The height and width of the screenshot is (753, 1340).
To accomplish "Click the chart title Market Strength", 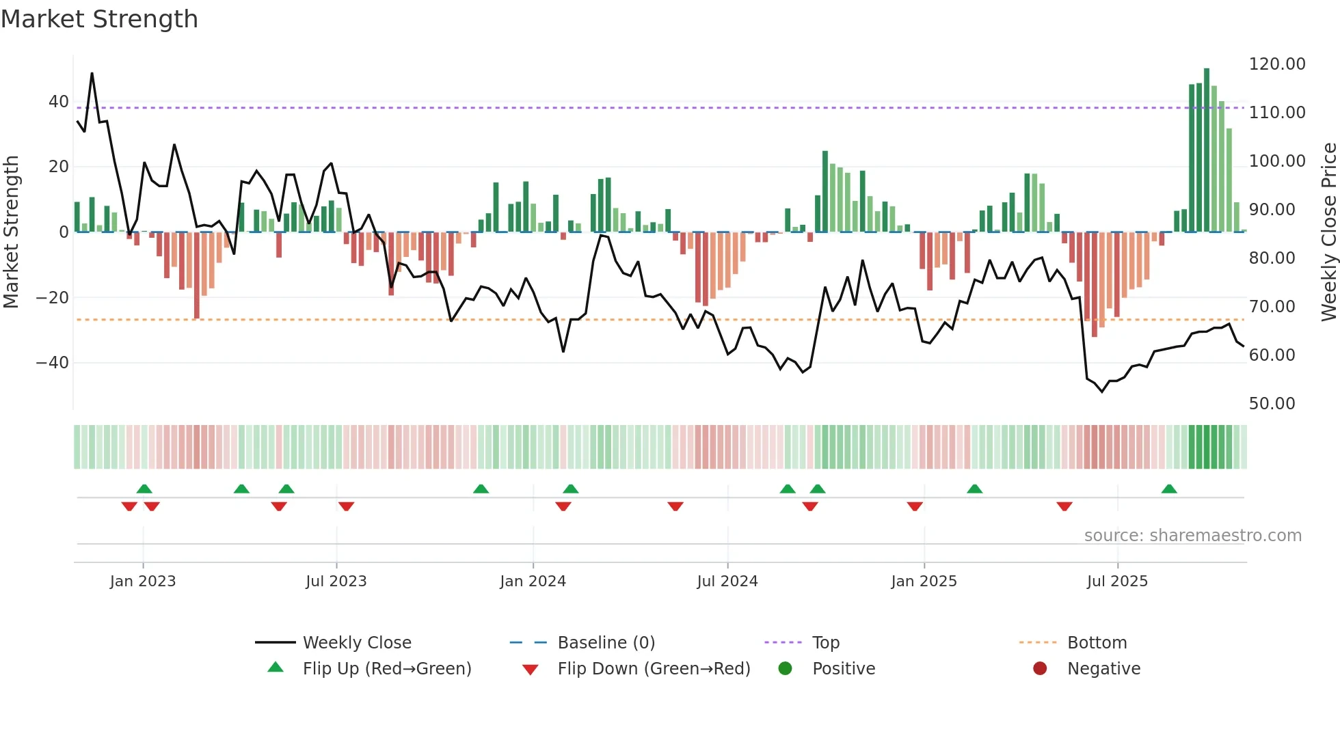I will pos(99,19).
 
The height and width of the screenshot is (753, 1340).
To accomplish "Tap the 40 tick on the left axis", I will pos(59,102).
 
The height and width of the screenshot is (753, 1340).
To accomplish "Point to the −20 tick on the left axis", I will pos(53,298).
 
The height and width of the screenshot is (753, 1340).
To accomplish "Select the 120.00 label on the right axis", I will pos(1276,64).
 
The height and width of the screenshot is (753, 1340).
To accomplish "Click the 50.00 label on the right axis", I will pos(1272,404).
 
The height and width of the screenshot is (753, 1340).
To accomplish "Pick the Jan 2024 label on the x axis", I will pos(533,581).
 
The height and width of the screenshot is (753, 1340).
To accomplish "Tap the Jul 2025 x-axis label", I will pos(1117,581).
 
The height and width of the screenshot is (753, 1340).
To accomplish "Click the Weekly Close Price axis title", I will pos(1328,232).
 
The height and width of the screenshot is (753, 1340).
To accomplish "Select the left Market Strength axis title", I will pos(12,232).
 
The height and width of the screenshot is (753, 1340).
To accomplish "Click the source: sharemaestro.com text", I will pos(1192,536).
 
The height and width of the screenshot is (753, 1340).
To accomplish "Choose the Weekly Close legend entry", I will pos(357,643).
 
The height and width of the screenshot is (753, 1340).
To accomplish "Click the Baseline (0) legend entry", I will pos(606,643).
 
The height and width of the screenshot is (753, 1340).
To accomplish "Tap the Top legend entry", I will pos(825,643).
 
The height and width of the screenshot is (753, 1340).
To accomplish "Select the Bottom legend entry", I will pos(1097,643).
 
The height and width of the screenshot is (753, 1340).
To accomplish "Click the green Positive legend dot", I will pos(785,669).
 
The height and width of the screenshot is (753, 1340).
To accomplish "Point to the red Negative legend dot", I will pos(1040,669).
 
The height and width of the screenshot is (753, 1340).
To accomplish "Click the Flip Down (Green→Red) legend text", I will pos(654,669).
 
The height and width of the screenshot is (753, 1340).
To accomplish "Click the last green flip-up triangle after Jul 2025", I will pos(1169,489).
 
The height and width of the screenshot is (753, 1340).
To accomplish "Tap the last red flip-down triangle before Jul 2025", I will pos(1064,506).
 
